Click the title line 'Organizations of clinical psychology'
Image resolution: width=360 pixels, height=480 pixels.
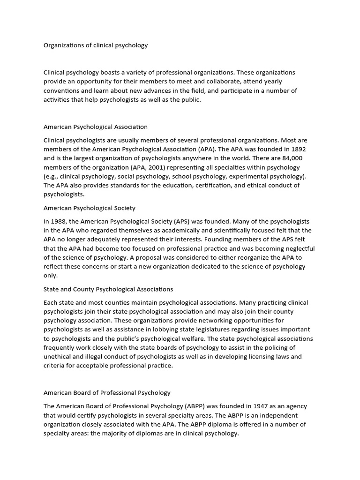coord(96,45)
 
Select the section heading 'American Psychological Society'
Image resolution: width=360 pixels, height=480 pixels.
coord(90,208)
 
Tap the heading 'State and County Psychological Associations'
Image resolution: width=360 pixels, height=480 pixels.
coord(108,289)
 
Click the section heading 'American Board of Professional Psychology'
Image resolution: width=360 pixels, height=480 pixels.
coord(107,392)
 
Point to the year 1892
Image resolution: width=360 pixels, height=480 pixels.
coord(298,149)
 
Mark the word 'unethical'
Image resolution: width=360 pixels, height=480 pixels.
coord(57,357)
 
